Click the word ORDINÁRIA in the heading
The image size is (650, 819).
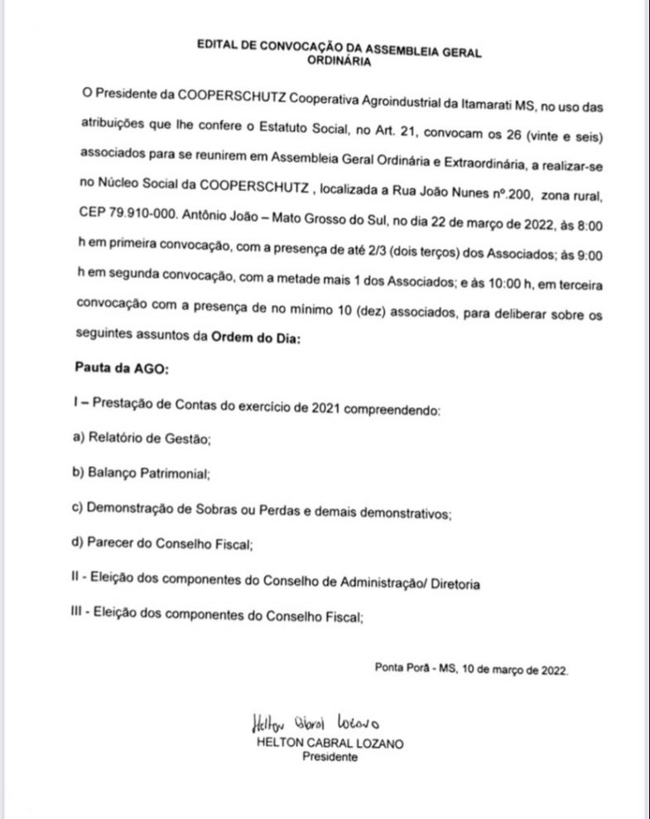339,60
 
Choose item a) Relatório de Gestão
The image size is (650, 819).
142,440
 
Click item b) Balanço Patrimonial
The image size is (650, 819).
142,475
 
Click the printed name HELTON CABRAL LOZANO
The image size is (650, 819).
330,743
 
